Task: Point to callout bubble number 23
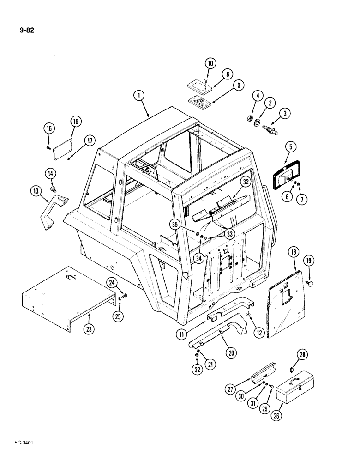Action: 88,330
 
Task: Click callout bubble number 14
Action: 51,174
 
